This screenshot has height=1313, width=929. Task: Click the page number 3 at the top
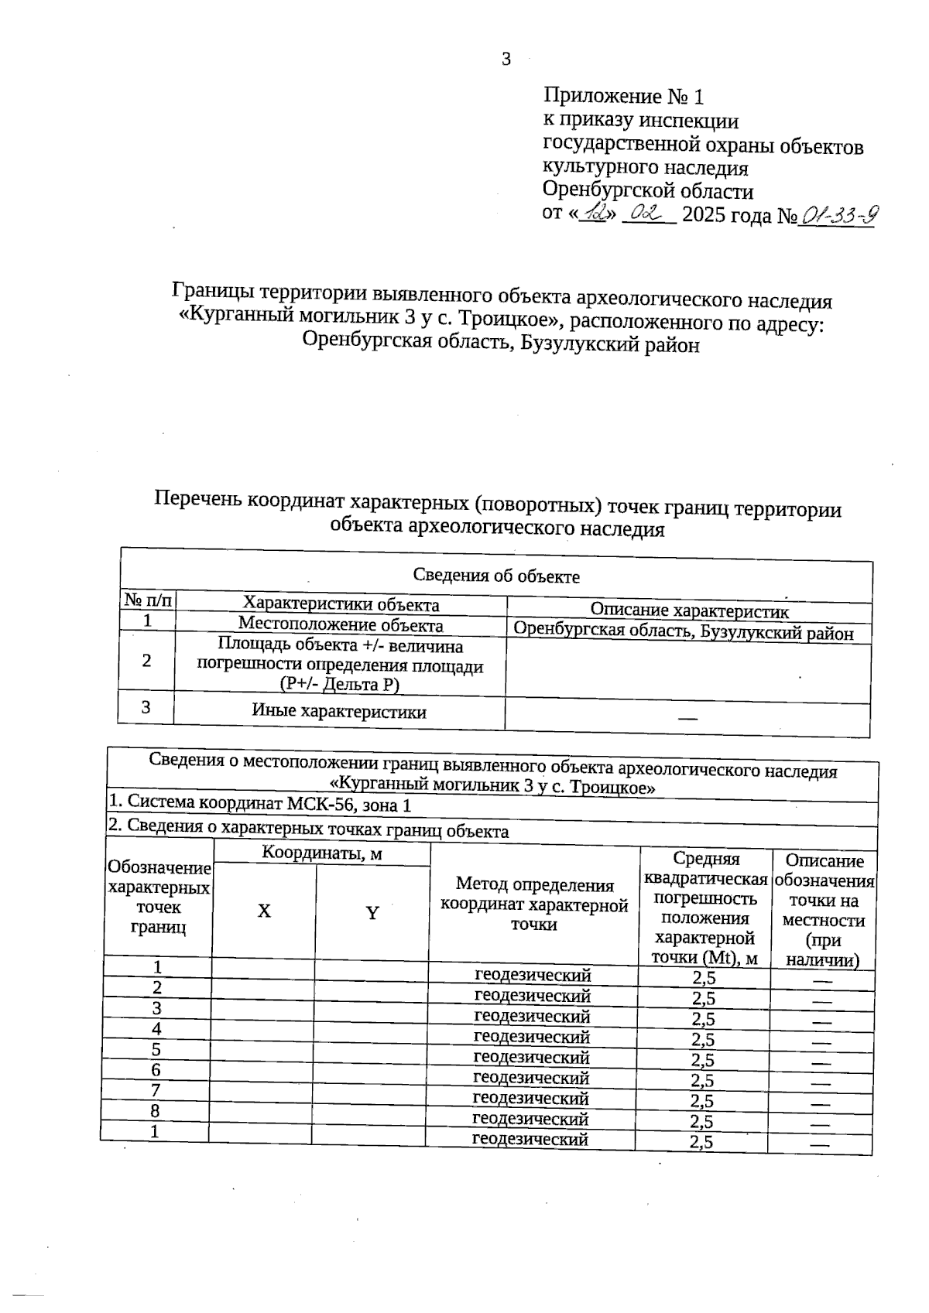pyautogui.click(x=506, y=60)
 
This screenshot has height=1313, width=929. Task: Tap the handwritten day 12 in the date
pyautogui.click(x=596, y=214)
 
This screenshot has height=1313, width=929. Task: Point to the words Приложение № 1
pyautogui.click(x=624, y=97)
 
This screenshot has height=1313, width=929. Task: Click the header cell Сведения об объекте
pyautogui.click(x=496, y=576)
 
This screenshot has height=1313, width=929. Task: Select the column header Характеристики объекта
pyautogui.click(x=341, y=604)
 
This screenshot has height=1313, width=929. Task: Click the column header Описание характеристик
pyautogui.click(x=689, y=611)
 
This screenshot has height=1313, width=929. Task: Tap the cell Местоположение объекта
pyautogui.click(x=341, y=624)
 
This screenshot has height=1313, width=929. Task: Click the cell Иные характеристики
pyautogui.click(x=339, y=712)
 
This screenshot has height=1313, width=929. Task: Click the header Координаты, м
pyautogui.click(x=322, y=853)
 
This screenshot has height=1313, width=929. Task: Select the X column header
pyautogui.click(x=264, y=911)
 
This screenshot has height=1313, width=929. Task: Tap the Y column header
pyautogui.click(x=372, y=913)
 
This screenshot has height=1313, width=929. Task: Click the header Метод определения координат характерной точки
pyautogui.click(x=534, y=904)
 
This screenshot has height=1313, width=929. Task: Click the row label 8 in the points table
pyautogui.click(x=155, y=1111)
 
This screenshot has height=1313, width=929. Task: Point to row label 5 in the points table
pyautogui.click(x=156, y=1050)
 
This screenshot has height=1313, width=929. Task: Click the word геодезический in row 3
pyautogui.click(x=532, y=1017)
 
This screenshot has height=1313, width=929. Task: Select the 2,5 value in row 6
pyautogui.click(x=703, y=1081)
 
